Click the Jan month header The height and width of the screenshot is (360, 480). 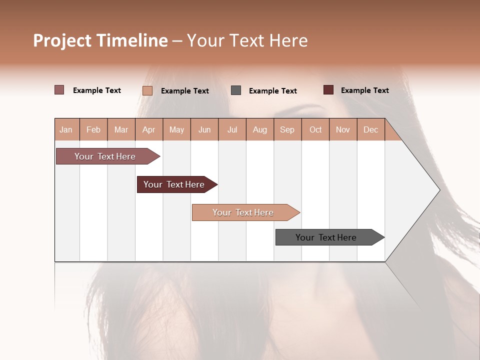(x=66, y=129)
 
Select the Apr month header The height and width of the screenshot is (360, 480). (x=148, y=129)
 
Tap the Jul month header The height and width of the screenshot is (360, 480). (x=232, y=129)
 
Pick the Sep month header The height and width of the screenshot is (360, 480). (x=287, y=129)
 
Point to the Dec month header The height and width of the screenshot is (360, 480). (x=370, y=129)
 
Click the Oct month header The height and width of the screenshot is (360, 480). (x=315, y=129)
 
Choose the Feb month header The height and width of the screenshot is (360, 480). (x=93, y=129)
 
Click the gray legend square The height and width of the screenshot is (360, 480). (x=236, y=90)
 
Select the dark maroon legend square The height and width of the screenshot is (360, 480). (x=328, y=90)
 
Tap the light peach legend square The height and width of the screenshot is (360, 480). (x=147, y=90)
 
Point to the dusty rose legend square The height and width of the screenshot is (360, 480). (x=59, y=90)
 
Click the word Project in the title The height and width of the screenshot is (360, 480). (x=63, y=40)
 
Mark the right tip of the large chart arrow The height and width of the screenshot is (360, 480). (x=438, y=190)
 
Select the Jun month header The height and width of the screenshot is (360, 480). (x=204, y=129)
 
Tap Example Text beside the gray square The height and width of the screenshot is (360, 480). (x=272, y=91)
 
